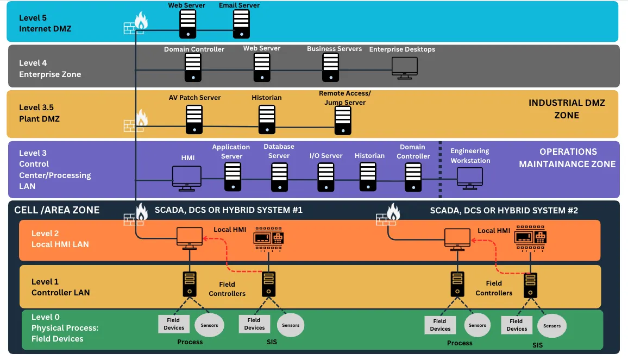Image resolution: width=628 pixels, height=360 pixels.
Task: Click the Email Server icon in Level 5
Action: coord(242,24)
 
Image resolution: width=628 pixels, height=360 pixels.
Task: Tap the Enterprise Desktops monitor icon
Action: coord(405,68)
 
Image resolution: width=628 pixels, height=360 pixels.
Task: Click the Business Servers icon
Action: coord(330,67)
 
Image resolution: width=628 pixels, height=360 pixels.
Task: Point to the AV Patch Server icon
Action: coord(194,119)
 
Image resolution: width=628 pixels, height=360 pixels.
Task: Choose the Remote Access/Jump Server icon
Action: coord(343,121)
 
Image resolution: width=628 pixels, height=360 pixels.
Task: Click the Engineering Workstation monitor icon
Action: coord(470,179)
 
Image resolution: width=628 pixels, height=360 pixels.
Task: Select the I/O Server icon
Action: coord(326,177)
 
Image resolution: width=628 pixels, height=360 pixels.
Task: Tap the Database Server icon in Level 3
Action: coord(280,177)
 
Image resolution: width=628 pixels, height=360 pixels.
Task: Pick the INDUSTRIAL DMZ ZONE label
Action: coord(567,109)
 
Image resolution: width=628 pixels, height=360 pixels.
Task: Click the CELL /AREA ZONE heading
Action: coord(57,210)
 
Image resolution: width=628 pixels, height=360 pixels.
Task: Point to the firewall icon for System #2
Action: coord(388,214)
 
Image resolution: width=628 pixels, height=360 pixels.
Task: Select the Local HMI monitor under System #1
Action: coord(190,238)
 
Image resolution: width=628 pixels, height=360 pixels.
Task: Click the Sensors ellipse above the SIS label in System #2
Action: coord(552,326)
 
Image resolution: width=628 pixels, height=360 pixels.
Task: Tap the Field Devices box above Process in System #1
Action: coord(174,324)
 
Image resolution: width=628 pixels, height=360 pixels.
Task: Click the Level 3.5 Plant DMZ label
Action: coord(39,113)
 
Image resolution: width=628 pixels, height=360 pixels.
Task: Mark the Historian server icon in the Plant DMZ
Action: coord(267,119)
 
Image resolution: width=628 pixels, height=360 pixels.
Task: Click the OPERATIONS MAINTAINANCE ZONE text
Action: coord(567,158)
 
